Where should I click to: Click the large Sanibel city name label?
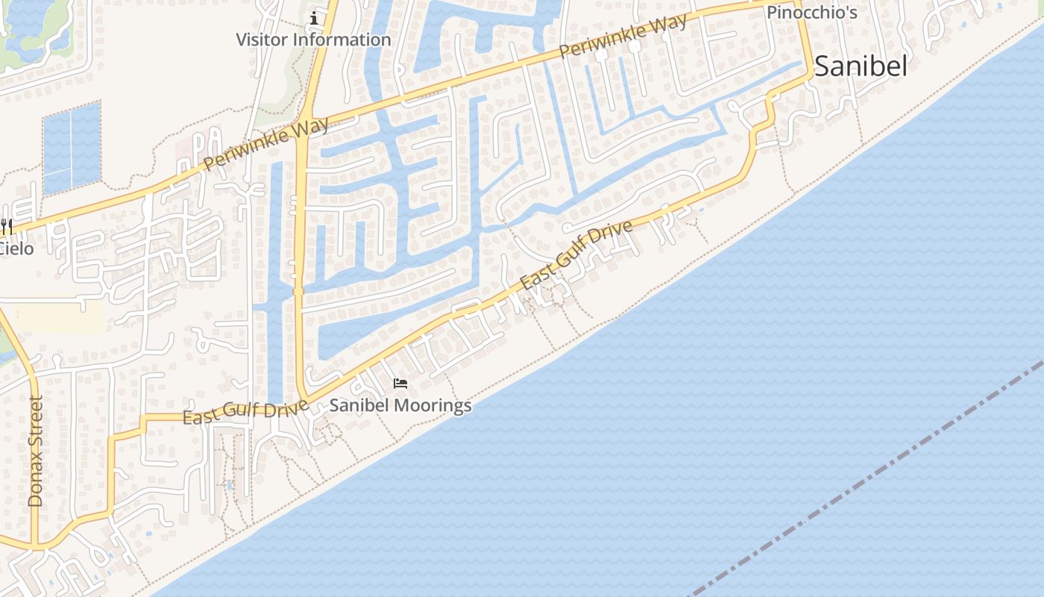(861, 66)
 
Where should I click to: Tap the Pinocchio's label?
(812, 13)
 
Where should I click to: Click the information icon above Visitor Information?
(314, 18)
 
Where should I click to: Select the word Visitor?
(265, 40)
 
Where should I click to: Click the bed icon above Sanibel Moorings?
(400, 384)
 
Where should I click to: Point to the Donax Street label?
(36, 451)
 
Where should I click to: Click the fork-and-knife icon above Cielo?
(7, 225)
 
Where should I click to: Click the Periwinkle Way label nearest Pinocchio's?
(623, 37)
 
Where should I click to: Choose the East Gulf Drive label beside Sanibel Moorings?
(245, 411)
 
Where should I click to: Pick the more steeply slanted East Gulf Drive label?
(576, 254)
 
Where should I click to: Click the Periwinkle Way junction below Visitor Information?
(304, 125)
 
